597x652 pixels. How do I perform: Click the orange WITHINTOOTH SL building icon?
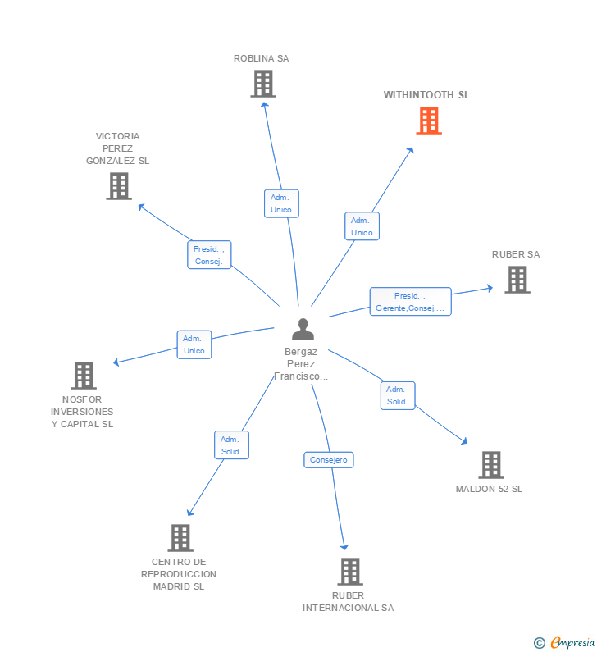pos(428,121)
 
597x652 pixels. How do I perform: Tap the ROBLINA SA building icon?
pos(262,84)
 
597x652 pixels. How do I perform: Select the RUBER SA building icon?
pos(517,280)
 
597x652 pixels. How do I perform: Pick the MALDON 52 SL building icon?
pos(490,465)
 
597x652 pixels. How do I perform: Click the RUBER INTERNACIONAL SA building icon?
pos(349,572)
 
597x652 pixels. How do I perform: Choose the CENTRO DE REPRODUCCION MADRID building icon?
pos(180,538)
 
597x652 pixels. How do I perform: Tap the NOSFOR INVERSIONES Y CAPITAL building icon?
pos(83,376)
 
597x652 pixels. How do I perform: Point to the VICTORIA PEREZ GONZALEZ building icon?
pos(119,186)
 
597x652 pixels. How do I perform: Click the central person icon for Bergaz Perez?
pos(303,330)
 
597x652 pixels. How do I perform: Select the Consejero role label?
pos(329,460)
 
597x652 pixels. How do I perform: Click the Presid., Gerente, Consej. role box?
pos(410,302)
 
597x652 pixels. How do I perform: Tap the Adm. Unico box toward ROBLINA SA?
pos(281,203)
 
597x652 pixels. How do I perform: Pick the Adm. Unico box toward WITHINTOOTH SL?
pos(362,226)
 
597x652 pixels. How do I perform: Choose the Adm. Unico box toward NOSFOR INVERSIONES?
pos(194,344)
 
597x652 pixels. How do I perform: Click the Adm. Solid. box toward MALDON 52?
pos(398,395)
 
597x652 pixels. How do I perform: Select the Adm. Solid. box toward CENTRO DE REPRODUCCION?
pos(230,445)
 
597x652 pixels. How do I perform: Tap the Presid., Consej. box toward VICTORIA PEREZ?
pos(209,255)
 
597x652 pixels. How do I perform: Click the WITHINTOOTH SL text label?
pos(426,95)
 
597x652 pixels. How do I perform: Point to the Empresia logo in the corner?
pos(564,643)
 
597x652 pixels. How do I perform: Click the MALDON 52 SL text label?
pos(489,489)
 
